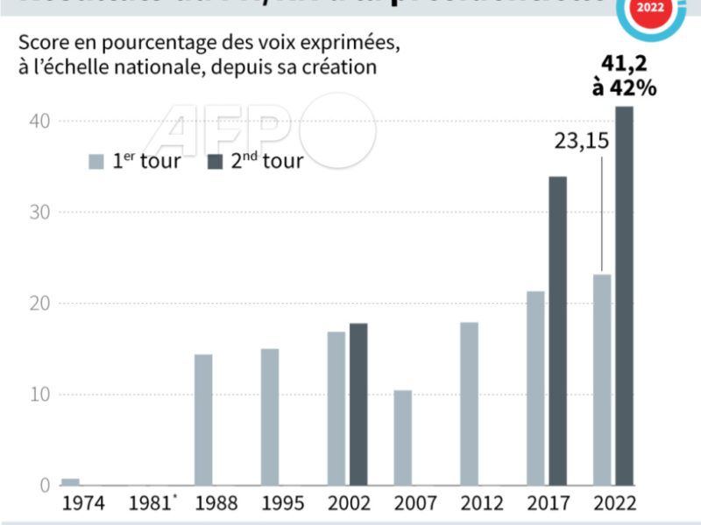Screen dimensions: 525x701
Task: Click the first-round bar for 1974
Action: pyautogui.click(x=70, y=481)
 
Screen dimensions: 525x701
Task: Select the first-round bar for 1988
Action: pyautogui.click(x=203, y=420)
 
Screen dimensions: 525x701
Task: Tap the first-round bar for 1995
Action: pyautogui.click(x=270, y=417)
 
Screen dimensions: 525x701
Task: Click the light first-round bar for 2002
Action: pyautogui.click(x=336, y=409)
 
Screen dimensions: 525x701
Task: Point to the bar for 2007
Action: pyautogui.click(x=403, y=437)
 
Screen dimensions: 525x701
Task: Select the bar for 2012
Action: pyautogui.click(x=470, y=404)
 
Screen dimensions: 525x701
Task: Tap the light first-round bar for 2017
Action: pyautogui.click(x=535, y=388)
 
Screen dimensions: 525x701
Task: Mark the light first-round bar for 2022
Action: pyautogui.click(x=602, y=380)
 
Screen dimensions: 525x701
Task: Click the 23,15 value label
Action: pyautogui.click(x=580, y=141)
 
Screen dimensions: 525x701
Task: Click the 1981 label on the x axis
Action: pyautogui.click(x=146, y=505)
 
